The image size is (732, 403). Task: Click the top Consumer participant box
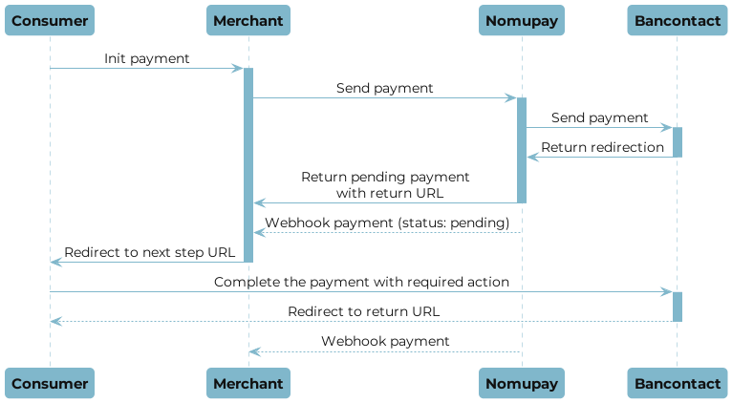pyautogui.click(x=50, y=20)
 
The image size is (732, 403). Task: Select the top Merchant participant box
pyautogui.click(x=248, y=20)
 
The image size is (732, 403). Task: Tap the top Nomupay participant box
pyautogui.click(x=522, y=20)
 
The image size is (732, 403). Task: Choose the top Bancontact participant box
pyautogui.click(x=677, y=20)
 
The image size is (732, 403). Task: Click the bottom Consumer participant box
pyautogui.click(x=50, y=383)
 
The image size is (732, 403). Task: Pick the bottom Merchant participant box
pyautogui.click(x=248, y=383)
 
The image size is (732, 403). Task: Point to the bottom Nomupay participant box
pyautogui.click(x=522, y=383)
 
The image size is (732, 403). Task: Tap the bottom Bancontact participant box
pyautogui.click(x=677, y=383)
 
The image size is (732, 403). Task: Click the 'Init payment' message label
pyautogui.click(x=147, y=59)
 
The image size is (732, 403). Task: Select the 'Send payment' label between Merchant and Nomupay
pyautogui.click(x=384, y=88)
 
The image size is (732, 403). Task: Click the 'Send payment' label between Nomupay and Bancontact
pyautogui.click(x=599, y=117)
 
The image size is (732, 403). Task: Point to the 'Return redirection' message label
pyautogui.click(x=602, y=147)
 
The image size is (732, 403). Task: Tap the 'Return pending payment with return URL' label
pyautogui.click(x=385, y=184)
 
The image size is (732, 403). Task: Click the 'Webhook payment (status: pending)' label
pyautogui.click(x=386, y=223)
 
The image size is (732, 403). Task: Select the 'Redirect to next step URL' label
pyautogui.click(x=148, y=252)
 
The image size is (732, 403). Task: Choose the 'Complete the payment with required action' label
pyautogui.click(x=361, y=283)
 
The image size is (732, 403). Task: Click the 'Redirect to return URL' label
pyautogui.click(x=364, y=312)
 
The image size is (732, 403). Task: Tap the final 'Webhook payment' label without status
pyautogui.click(x=385, y=341)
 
